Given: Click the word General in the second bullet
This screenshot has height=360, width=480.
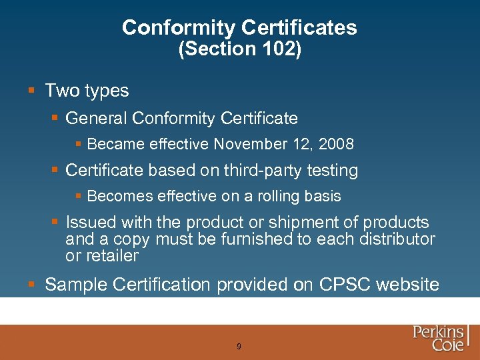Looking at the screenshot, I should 97,119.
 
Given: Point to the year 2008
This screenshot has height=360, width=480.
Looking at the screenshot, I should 337,144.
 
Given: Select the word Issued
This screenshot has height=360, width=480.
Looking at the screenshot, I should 90,222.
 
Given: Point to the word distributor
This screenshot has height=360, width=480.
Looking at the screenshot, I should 397,239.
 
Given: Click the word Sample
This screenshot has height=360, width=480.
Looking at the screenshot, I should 77,285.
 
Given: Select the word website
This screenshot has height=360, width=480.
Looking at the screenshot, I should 408,285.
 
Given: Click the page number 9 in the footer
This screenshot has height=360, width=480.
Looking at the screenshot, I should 239,347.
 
